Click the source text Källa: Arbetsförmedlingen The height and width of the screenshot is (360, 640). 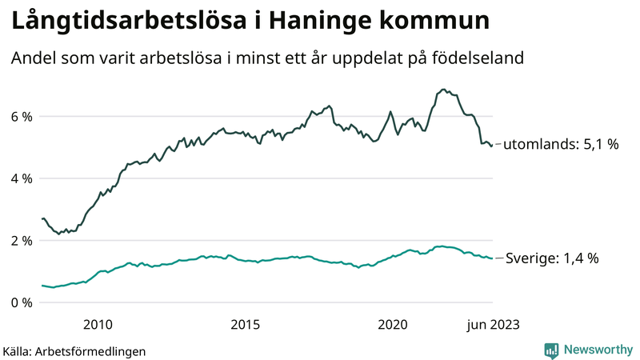tap(74, 350)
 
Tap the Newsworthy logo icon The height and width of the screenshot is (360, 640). tap(551, 350)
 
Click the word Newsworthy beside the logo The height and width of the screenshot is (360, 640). tap(598, 350)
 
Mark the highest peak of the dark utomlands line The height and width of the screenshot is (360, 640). tap(442, 90)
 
